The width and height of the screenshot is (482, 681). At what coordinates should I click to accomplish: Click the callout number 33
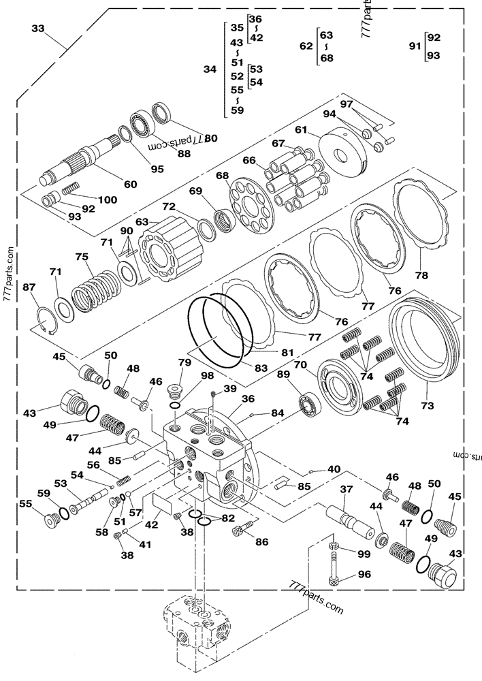pos(38,29)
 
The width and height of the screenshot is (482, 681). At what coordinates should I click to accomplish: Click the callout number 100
pos(107,200)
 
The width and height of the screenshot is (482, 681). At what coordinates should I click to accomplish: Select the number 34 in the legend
pos(210,69)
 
